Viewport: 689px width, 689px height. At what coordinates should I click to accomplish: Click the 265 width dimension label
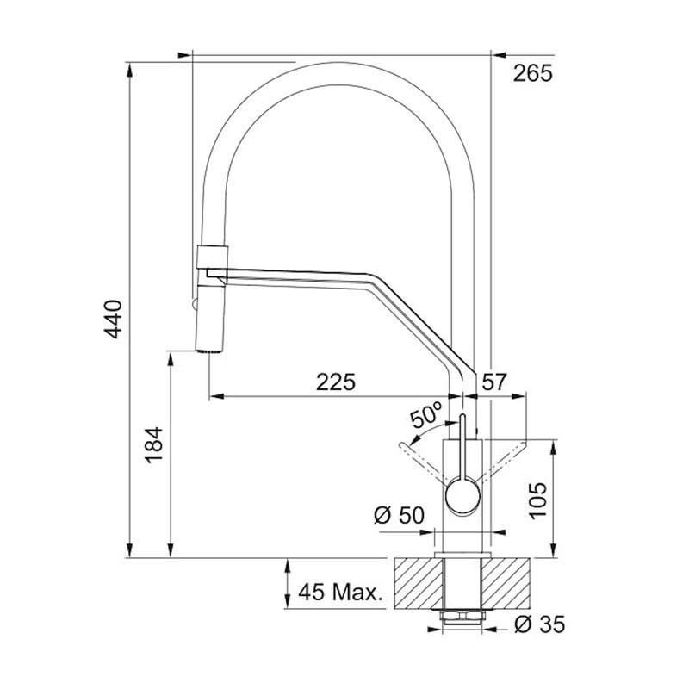pos(532,73)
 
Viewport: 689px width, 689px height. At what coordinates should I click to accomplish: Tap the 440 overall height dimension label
pos(113,319)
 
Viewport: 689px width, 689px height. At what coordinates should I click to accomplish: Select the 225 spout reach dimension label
pos(336,382)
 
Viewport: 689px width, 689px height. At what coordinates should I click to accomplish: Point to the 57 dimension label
pos(494,382)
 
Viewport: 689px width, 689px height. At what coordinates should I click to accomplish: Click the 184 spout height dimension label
pos(155,445)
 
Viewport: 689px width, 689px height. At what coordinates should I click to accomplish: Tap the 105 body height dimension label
pos(537,501)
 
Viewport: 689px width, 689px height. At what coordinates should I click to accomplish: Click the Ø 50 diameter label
pos(399,515)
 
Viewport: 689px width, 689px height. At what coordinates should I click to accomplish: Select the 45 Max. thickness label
pos(340,593)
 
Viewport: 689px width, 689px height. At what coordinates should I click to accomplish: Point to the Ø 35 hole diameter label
pos(540,624)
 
